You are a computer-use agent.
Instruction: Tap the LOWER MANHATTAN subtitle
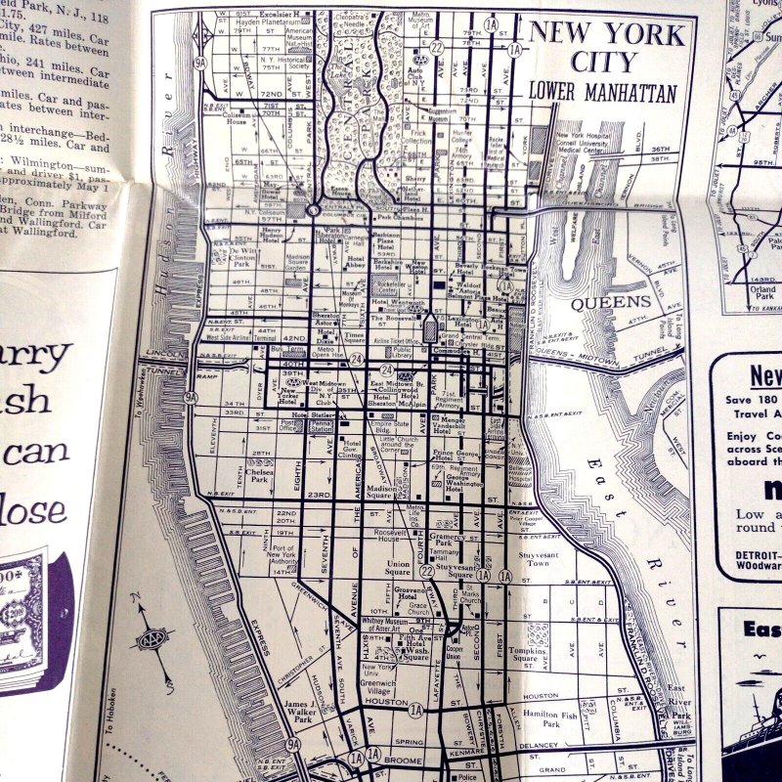pos(602,95)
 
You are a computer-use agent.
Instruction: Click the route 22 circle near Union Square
pos(426,569)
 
